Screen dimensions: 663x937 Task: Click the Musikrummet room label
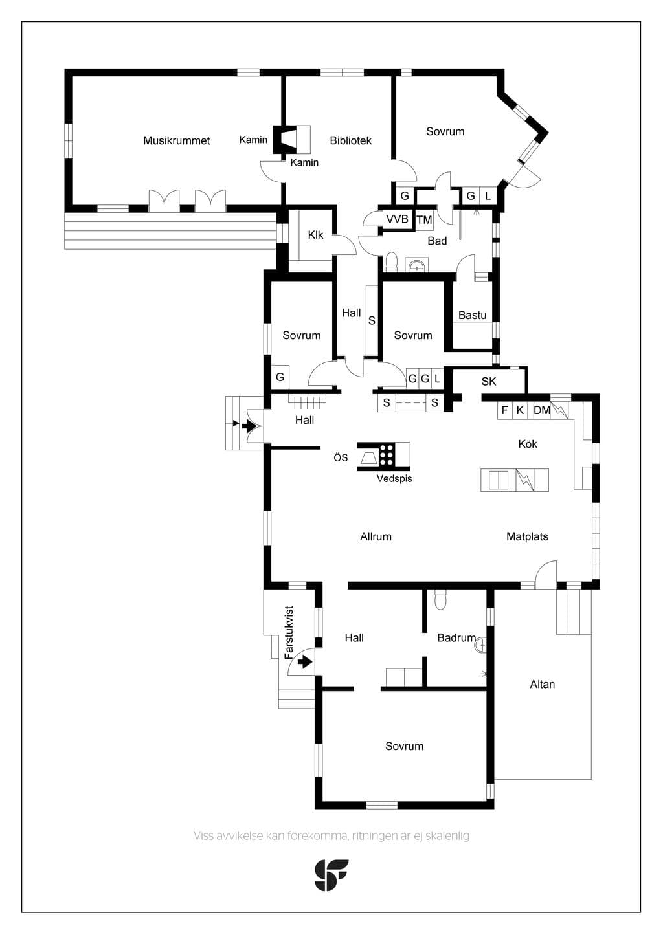coord(176,140)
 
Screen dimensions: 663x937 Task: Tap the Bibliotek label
coord(350,140)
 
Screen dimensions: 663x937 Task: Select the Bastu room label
coord(472,315)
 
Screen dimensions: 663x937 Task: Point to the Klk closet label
coord(315,235)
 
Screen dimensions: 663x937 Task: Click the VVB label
coord(397,219)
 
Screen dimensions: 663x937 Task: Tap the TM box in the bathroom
coord(424,219)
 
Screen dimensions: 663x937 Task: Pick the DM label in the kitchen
coord(542,410)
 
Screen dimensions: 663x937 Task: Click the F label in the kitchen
coord(504,410)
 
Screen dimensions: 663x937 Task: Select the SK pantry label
coord(488,382)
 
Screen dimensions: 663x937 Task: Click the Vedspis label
coord(394,479)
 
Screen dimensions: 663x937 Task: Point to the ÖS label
coord(341,457)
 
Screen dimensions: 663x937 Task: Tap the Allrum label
coord(376,536)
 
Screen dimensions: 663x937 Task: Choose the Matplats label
coord(527,536)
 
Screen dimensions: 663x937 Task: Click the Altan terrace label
coord(542,685)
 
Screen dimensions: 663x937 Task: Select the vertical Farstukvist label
coord(289,632)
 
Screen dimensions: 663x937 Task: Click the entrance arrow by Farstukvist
coord(305,662)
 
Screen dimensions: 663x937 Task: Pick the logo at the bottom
coord(331,875)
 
